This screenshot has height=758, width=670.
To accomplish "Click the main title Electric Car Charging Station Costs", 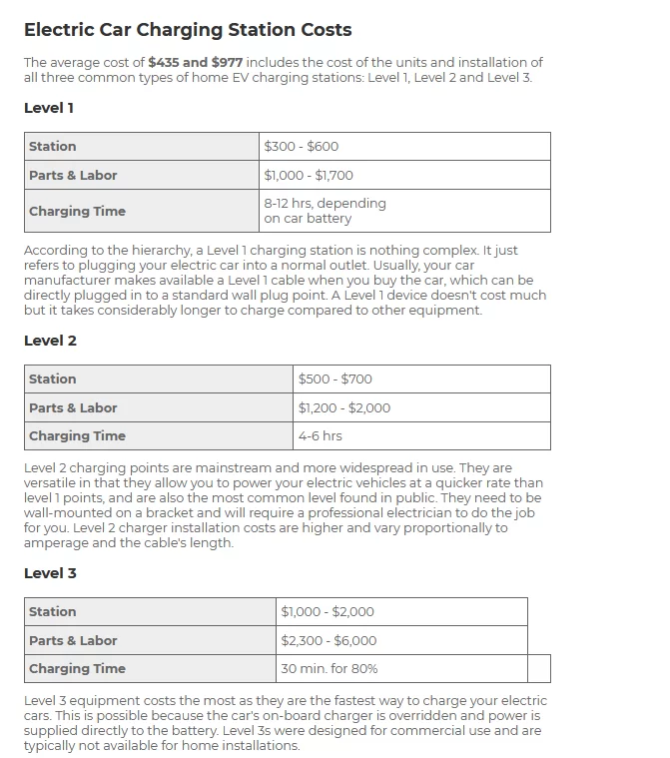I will click(188, 30).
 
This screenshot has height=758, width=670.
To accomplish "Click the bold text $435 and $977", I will click(195, 62).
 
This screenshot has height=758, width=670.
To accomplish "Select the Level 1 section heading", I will click(49, 108).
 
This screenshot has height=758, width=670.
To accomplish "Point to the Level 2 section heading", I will click(50, 341).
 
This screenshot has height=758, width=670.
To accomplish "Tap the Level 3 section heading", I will click(50, 573).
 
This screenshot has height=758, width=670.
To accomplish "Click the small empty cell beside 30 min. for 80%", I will click(538, 669).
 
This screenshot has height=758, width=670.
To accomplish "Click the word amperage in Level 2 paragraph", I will click(58, 543).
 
